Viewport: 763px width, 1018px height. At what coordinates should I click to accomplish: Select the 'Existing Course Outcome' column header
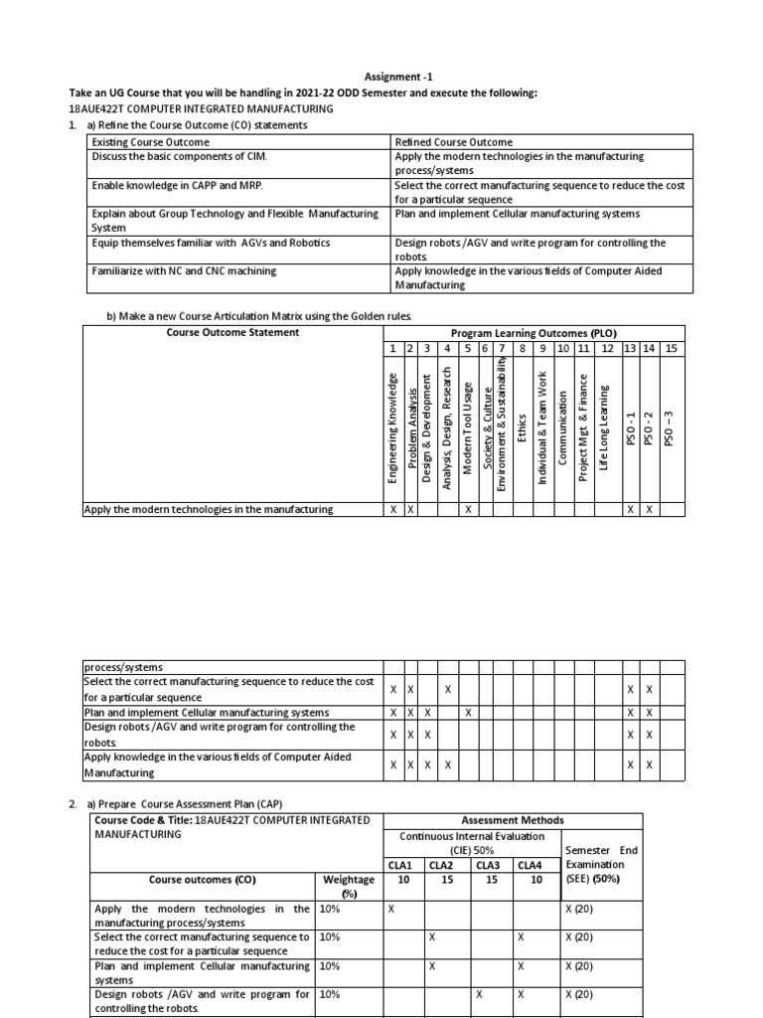pos(150,141)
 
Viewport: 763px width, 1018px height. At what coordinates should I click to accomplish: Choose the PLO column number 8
pos(523,348)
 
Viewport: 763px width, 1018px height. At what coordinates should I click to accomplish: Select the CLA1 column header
pos(403,865)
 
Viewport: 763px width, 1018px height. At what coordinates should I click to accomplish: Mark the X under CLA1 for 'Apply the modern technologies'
pos(391,909)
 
